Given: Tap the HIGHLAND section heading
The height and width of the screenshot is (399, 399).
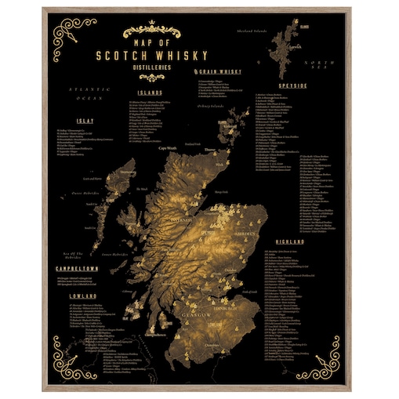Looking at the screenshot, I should (x=291, y=241).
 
